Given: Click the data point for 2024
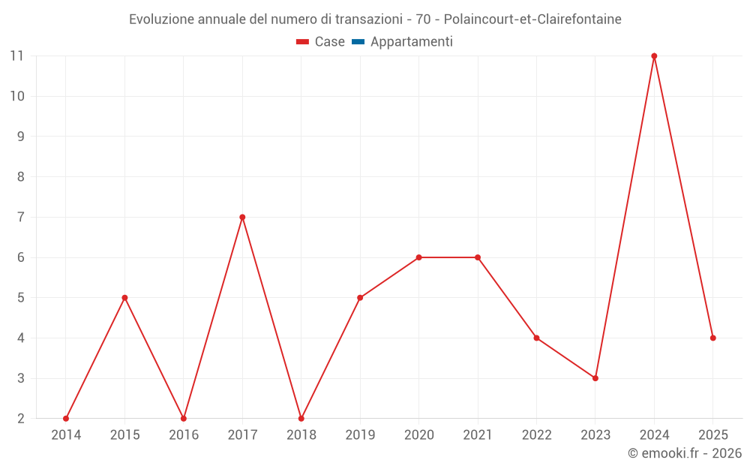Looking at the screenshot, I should pos(654,56).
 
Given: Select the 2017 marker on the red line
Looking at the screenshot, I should pos(242,218).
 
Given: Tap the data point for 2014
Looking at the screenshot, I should pos(66,418).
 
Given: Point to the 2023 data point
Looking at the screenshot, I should pos(595,378).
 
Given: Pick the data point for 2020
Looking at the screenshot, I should pos(419,257).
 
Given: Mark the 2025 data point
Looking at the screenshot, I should pos(712,338).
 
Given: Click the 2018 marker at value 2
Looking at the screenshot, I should pos(301,418).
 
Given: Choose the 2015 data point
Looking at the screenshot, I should pos(124,298).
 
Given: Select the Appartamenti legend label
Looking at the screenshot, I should pos(411,42).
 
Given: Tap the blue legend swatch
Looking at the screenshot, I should pos(358,42).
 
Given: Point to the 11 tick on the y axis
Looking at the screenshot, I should pos(16,56).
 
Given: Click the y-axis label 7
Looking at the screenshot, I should pos(20,218).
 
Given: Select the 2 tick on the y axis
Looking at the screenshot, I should pos(20,418).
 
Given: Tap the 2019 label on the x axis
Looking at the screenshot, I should pos(360,435).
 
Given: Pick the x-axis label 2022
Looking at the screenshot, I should pos(536,435).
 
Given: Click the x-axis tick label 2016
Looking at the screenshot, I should pos(184,435).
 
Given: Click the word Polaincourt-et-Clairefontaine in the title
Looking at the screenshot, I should pos(532,20).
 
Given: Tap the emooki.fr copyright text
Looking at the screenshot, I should pos(685,453).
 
